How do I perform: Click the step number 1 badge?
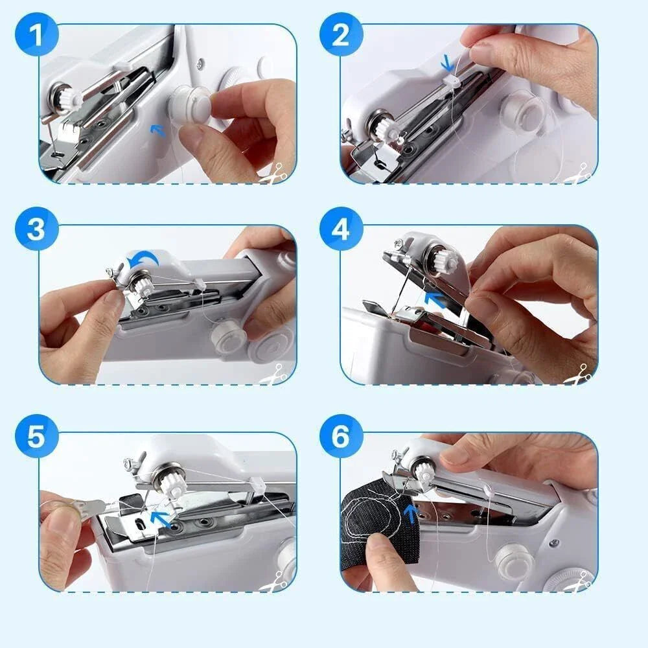(x=36, y=34)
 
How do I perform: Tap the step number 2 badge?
(x=340, y=34)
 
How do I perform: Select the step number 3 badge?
(x=36, y=229)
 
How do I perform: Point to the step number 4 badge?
(x=340, y=229)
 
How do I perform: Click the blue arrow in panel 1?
(x=156, y=131)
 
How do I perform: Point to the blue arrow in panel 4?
(x=436, y=298)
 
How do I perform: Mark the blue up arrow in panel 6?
(x=410, y=514)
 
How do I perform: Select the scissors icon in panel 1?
(x=275, y=174)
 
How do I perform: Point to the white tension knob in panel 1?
(x=68, y=97)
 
